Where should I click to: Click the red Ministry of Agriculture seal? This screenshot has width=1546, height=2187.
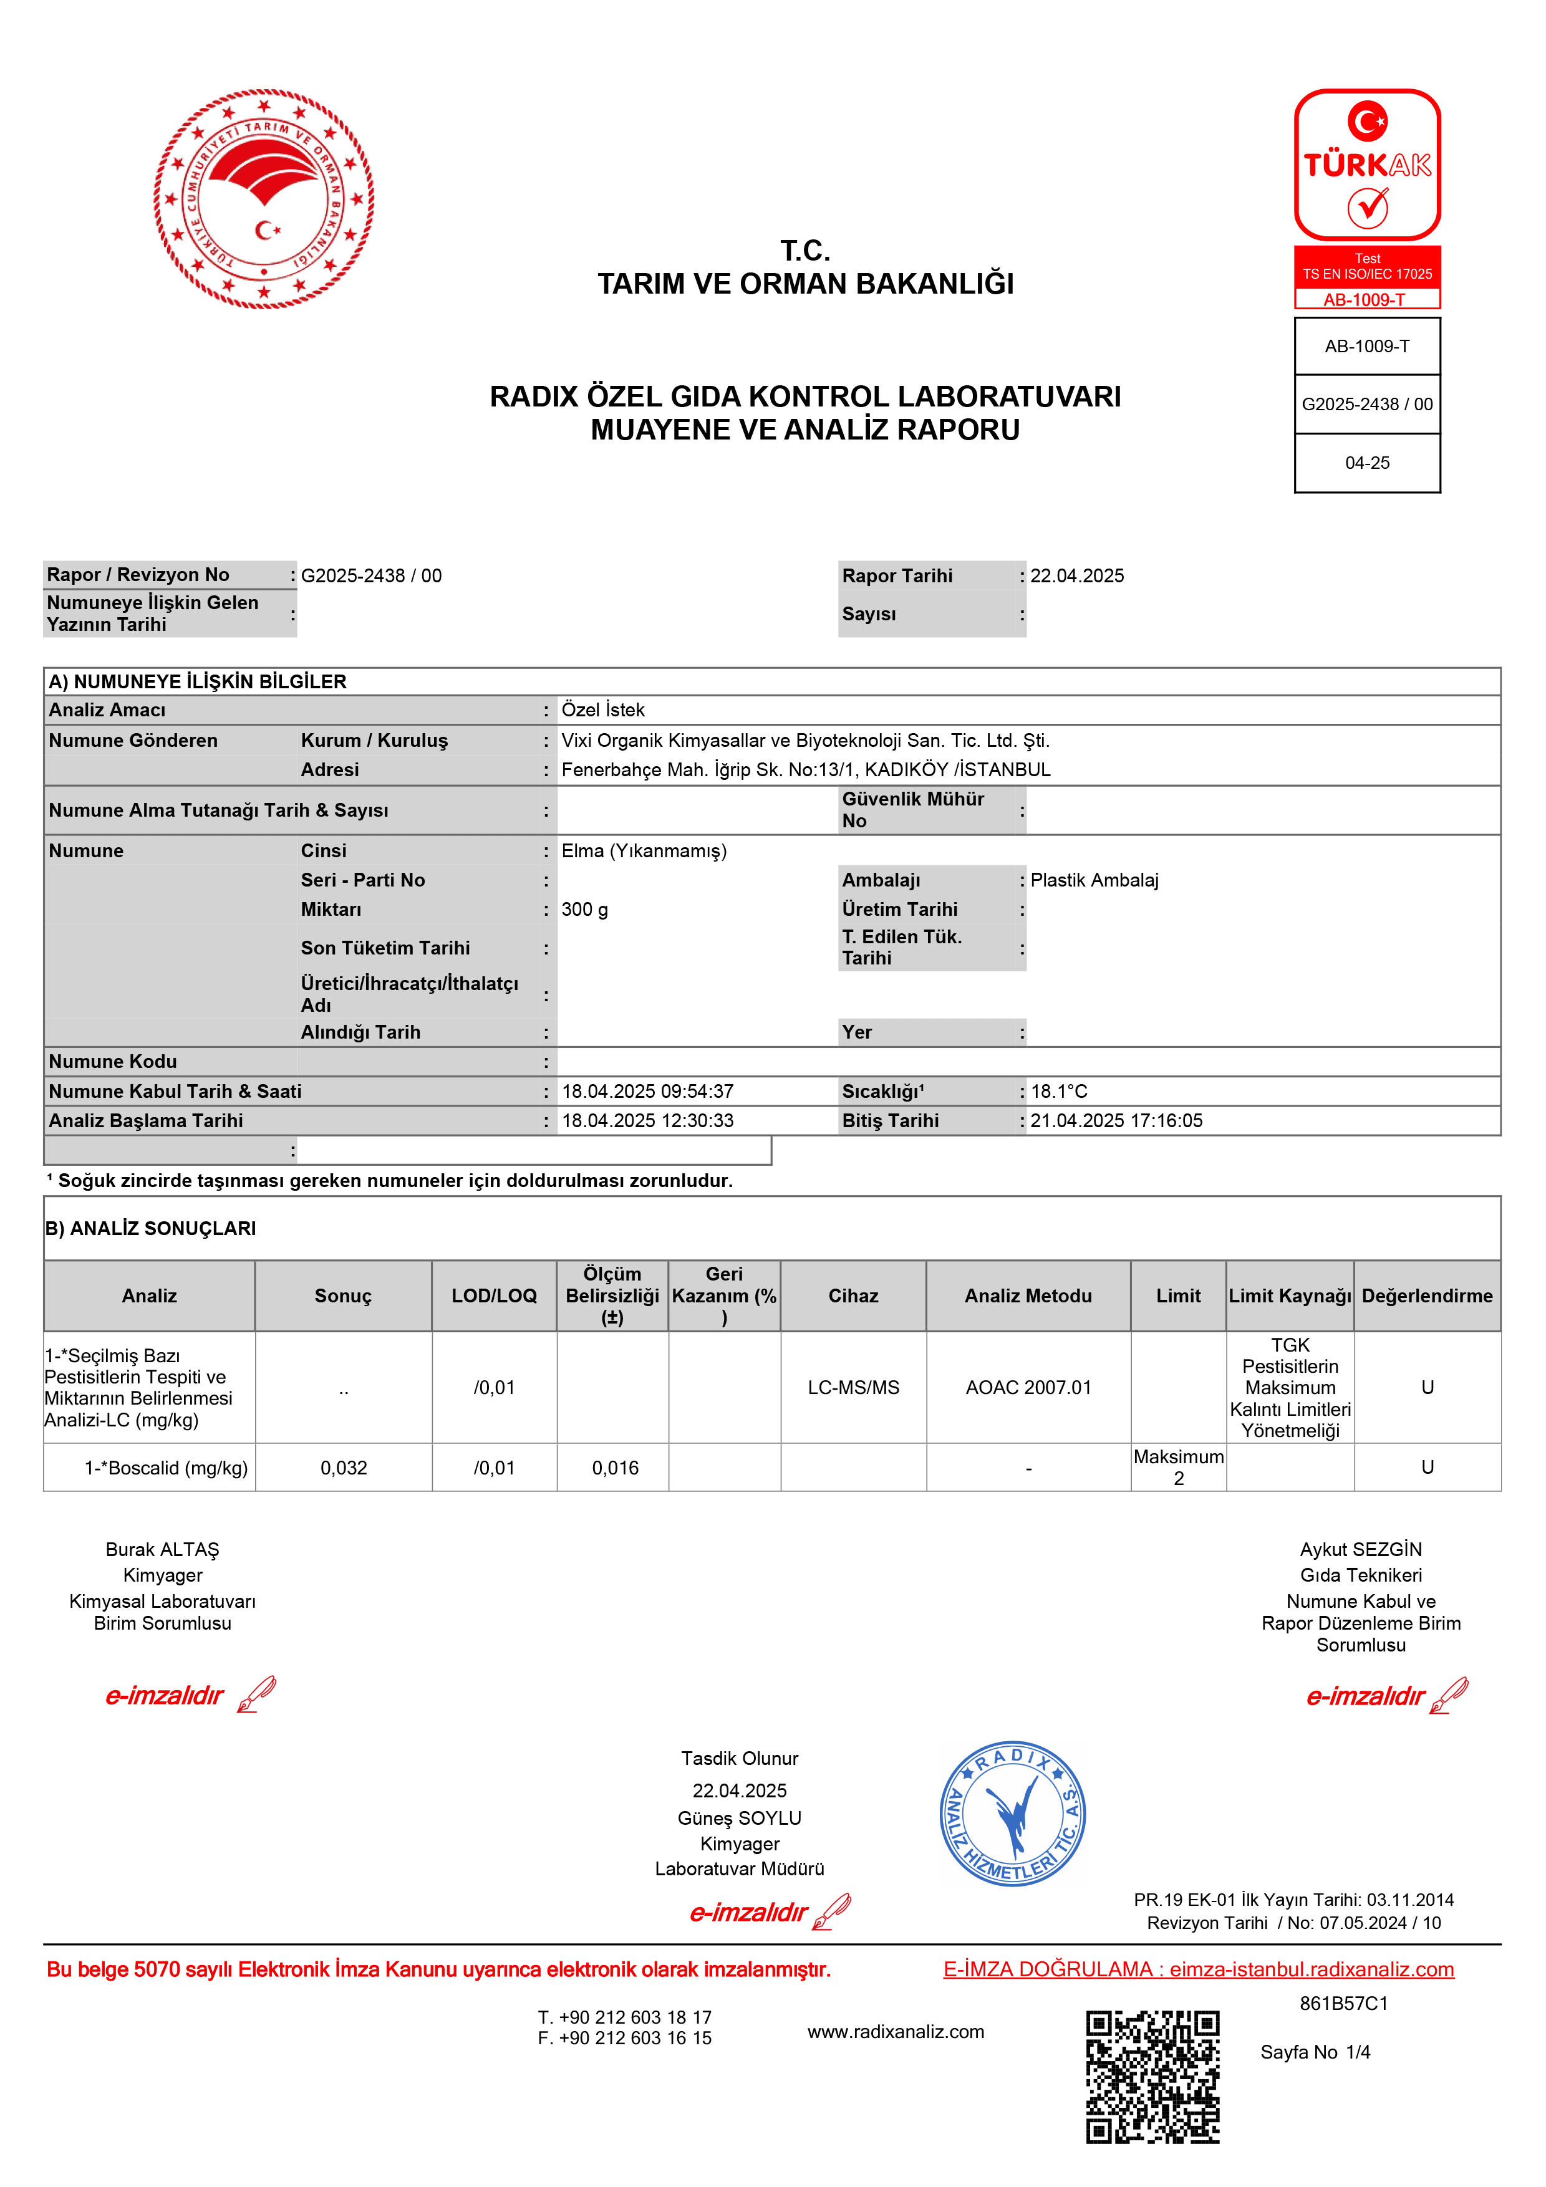click(264, 199)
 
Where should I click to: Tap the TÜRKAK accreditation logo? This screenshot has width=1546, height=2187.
click(1367, 165)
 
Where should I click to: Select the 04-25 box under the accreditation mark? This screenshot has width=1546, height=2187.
click(1367, 463)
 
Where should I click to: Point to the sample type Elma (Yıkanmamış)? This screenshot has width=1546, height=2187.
click(644, 850)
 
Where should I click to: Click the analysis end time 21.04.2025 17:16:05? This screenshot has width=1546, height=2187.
click(1116, 1121)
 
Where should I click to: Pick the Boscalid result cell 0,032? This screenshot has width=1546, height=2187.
click(343, 1468)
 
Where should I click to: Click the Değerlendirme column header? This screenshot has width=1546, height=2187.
click(1426, 1296)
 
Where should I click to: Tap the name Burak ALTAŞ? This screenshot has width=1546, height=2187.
click(162, 1550)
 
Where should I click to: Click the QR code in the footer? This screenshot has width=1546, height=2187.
click(1152, 2077)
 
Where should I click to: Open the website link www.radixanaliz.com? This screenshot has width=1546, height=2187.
click(896, 2032)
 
